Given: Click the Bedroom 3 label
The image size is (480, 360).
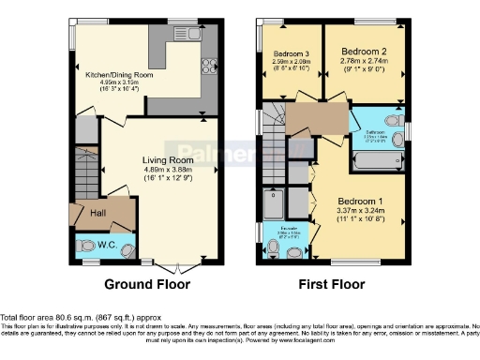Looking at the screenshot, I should click(290, 52).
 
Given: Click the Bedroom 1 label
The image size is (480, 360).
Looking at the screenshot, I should click(360, 202).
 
